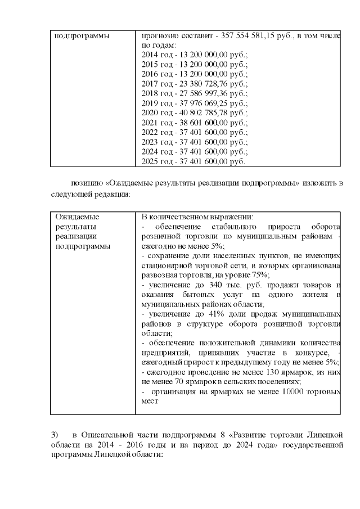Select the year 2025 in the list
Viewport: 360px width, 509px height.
(154, 161)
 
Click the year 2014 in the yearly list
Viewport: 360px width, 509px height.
(154, 55)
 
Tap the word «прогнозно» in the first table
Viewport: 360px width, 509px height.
(160, 35)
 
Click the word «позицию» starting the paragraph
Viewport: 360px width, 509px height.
(85, 183)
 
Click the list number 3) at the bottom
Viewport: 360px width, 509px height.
(55, 435)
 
